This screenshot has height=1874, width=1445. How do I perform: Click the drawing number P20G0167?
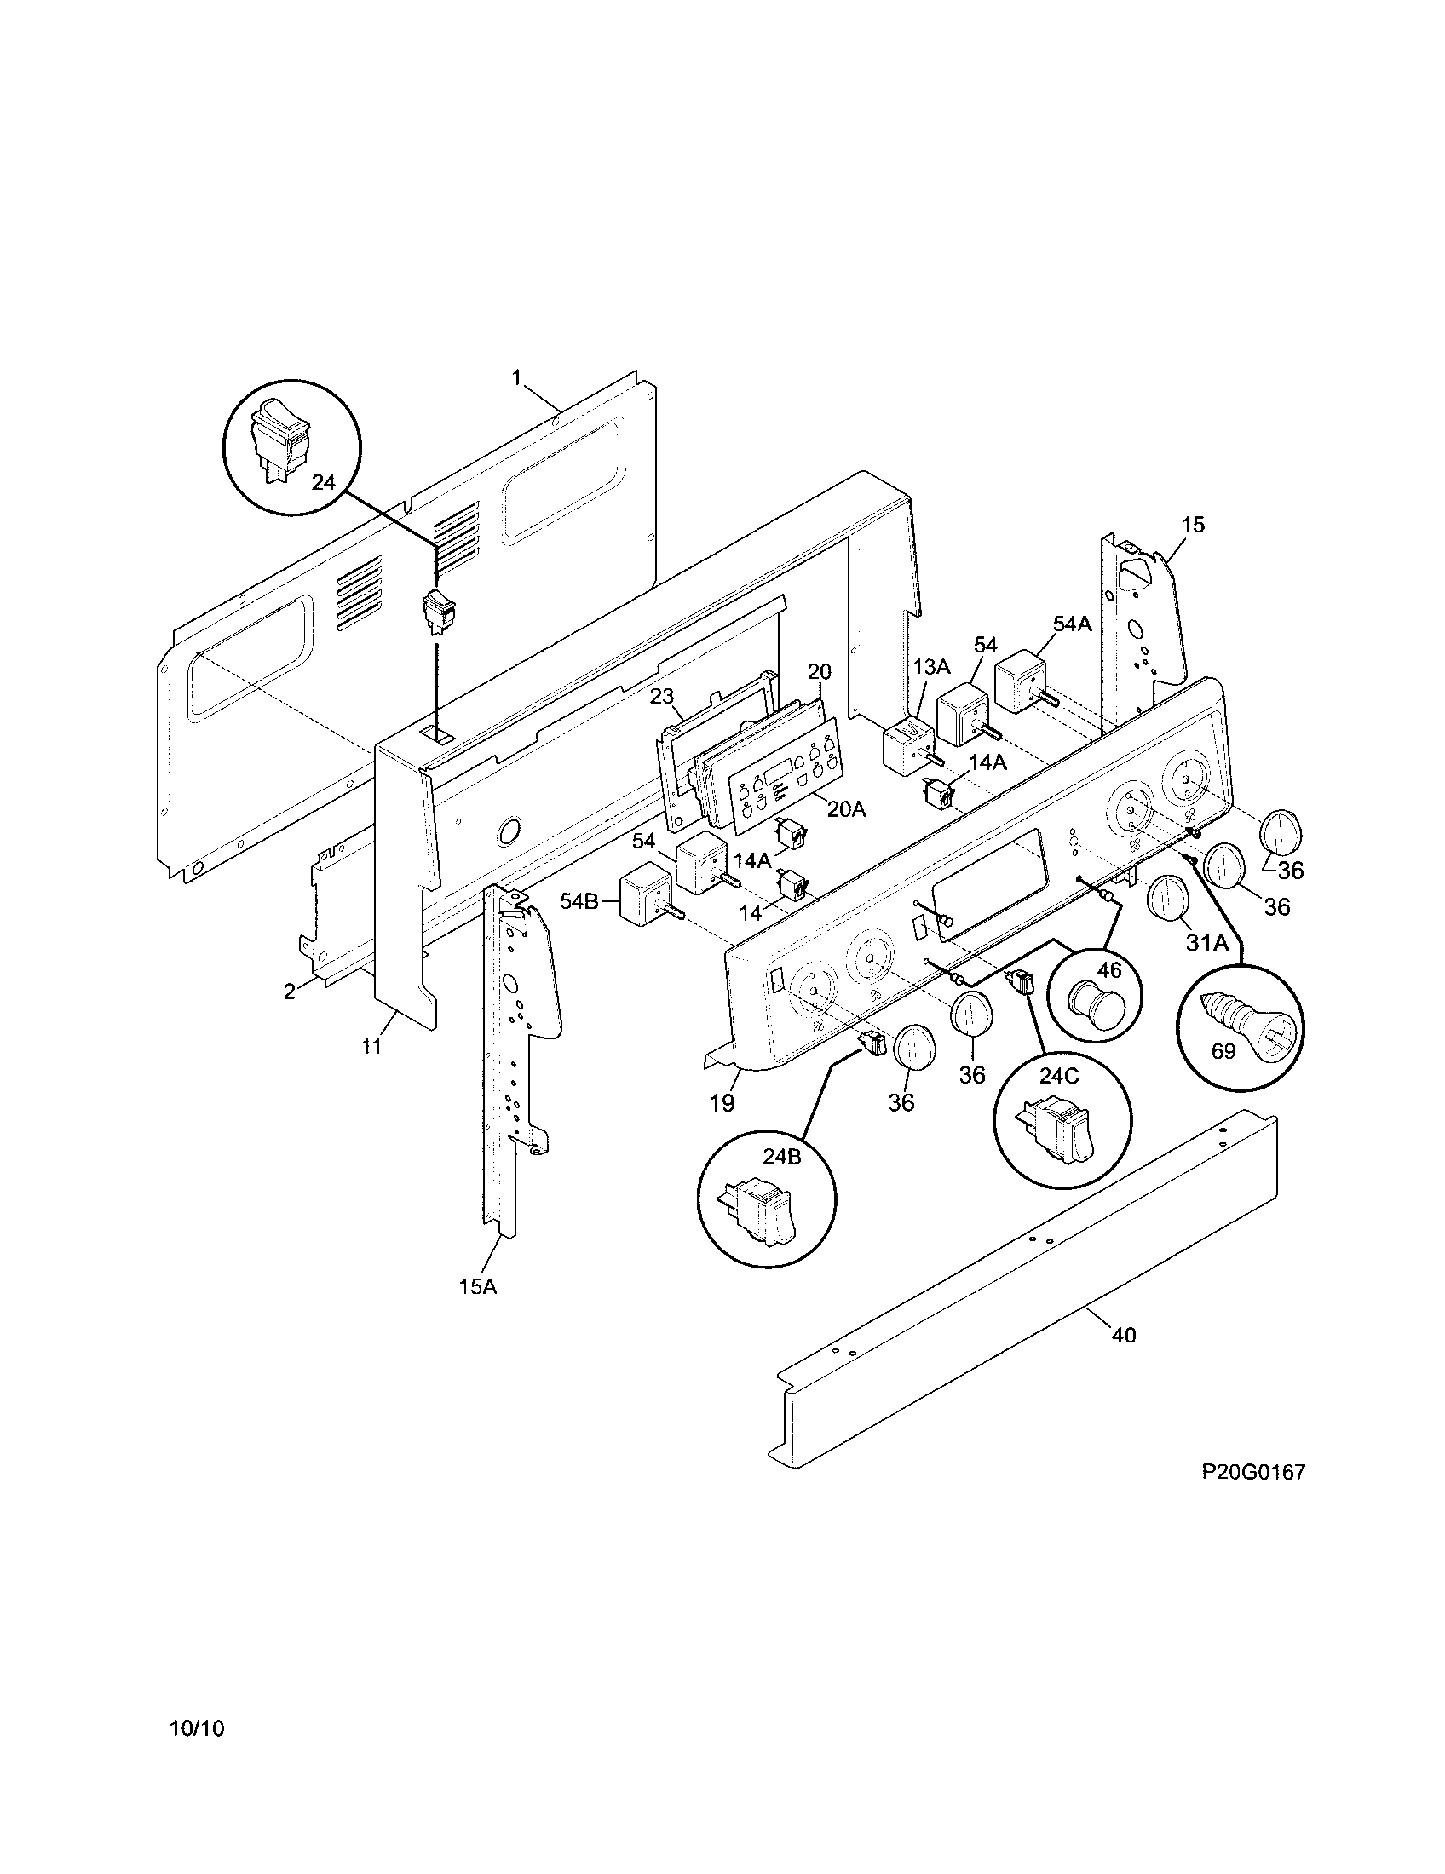[x=1252, y=1473]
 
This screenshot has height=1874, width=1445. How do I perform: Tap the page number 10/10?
[x=197, y=1728]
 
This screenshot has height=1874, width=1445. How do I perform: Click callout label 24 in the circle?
[x=323, y=482]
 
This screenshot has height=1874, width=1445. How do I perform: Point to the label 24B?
[x=781, y=1157]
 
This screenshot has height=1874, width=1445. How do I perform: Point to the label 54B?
[x=579, y=902]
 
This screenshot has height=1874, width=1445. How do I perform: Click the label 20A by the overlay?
[x=846, y=808]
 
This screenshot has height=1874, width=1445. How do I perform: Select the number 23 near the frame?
[x=661, y=697]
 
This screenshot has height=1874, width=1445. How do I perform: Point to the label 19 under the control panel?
[x=722, y=1103]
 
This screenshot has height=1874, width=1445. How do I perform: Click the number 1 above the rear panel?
[x=516, y=377]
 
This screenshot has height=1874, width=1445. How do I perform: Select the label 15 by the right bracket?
[x=1193, y=524]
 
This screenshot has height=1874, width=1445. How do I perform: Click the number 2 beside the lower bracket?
[x=290, y=992]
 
